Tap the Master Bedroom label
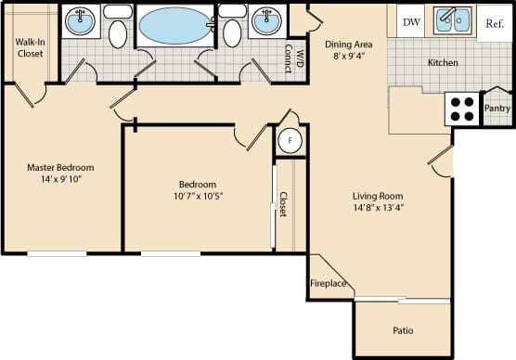coord(60,168)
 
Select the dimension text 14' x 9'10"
coord(60,181)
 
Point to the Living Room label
coord(378,196)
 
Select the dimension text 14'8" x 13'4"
coord(378,209)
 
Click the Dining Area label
coord(349,45)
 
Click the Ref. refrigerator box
coord(495,22)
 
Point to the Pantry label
coord(497,109)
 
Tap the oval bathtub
coord(174,23)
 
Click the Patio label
coord(403,330)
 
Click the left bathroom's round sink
coord(80,22)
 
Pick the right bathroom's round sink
coord(266,22)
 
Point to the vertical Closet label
coord(283,204)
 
